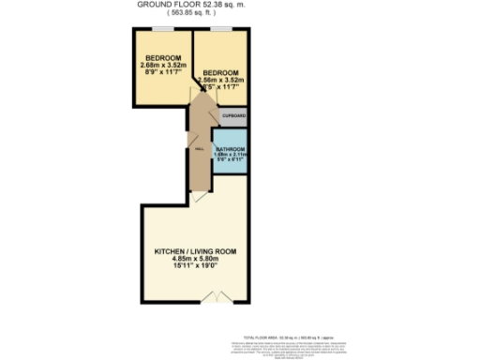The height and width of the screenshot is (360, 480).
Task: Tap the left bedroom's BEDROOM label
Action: pyautogui.click(x=159, y=57)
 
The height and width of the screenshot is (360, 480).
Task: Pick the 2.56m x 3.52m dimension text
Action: pyautogui.click(x=222, y=81)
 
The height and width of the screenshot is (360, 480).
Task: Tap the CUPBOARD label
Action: pyautogui.click(x=234, y=116)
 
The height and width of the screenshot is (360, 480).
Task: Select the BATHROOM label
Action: pyautogui.click(x=231, y=149)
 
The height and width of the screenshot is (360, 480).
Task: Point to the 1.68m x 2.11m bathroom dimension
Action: pyautogui.click(x=231, y=155)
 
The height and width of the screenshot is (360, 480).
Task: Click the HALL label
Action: pyautogui.click(x=199, y=148)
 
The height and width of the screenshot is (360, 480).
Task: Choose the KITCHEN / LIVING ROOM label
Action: pyautogui.click(x=195, y=252)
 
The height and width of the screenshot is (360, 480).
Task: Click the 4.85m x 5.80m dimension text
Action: pyautogui.click(x=195, y=260)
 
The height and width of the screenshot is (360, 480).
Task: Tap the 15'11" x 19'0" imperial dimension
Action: pyautogui.click(x=195, y=267)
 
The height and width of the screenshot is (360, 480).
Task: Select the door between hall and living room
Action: pyautogui.click(x=198, y=197)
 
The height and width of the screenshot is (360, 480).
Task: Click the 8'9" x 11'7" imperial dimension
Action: pyautogui.click(x=159, y=72)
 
